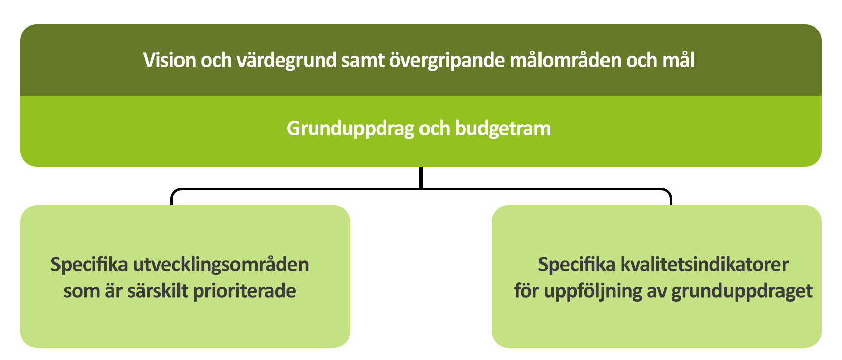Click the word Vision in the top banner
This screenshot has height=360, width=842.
[169, 60]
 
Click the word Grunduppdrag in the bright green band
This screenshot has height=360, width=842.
[350, 129]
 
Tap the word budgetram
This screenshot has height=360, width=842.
[503, 129]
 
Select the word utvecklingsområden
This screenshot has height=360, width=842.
[221, 265]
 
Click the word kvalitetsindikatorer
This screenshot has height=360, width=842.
[704, 265]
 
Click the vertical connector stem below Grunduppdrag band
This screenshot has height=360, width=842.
[421, 177]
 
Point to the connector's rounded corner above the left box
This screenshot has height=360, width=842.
[173, 191]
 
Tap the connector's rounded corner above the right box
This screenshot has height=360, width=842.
[669, 191]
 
